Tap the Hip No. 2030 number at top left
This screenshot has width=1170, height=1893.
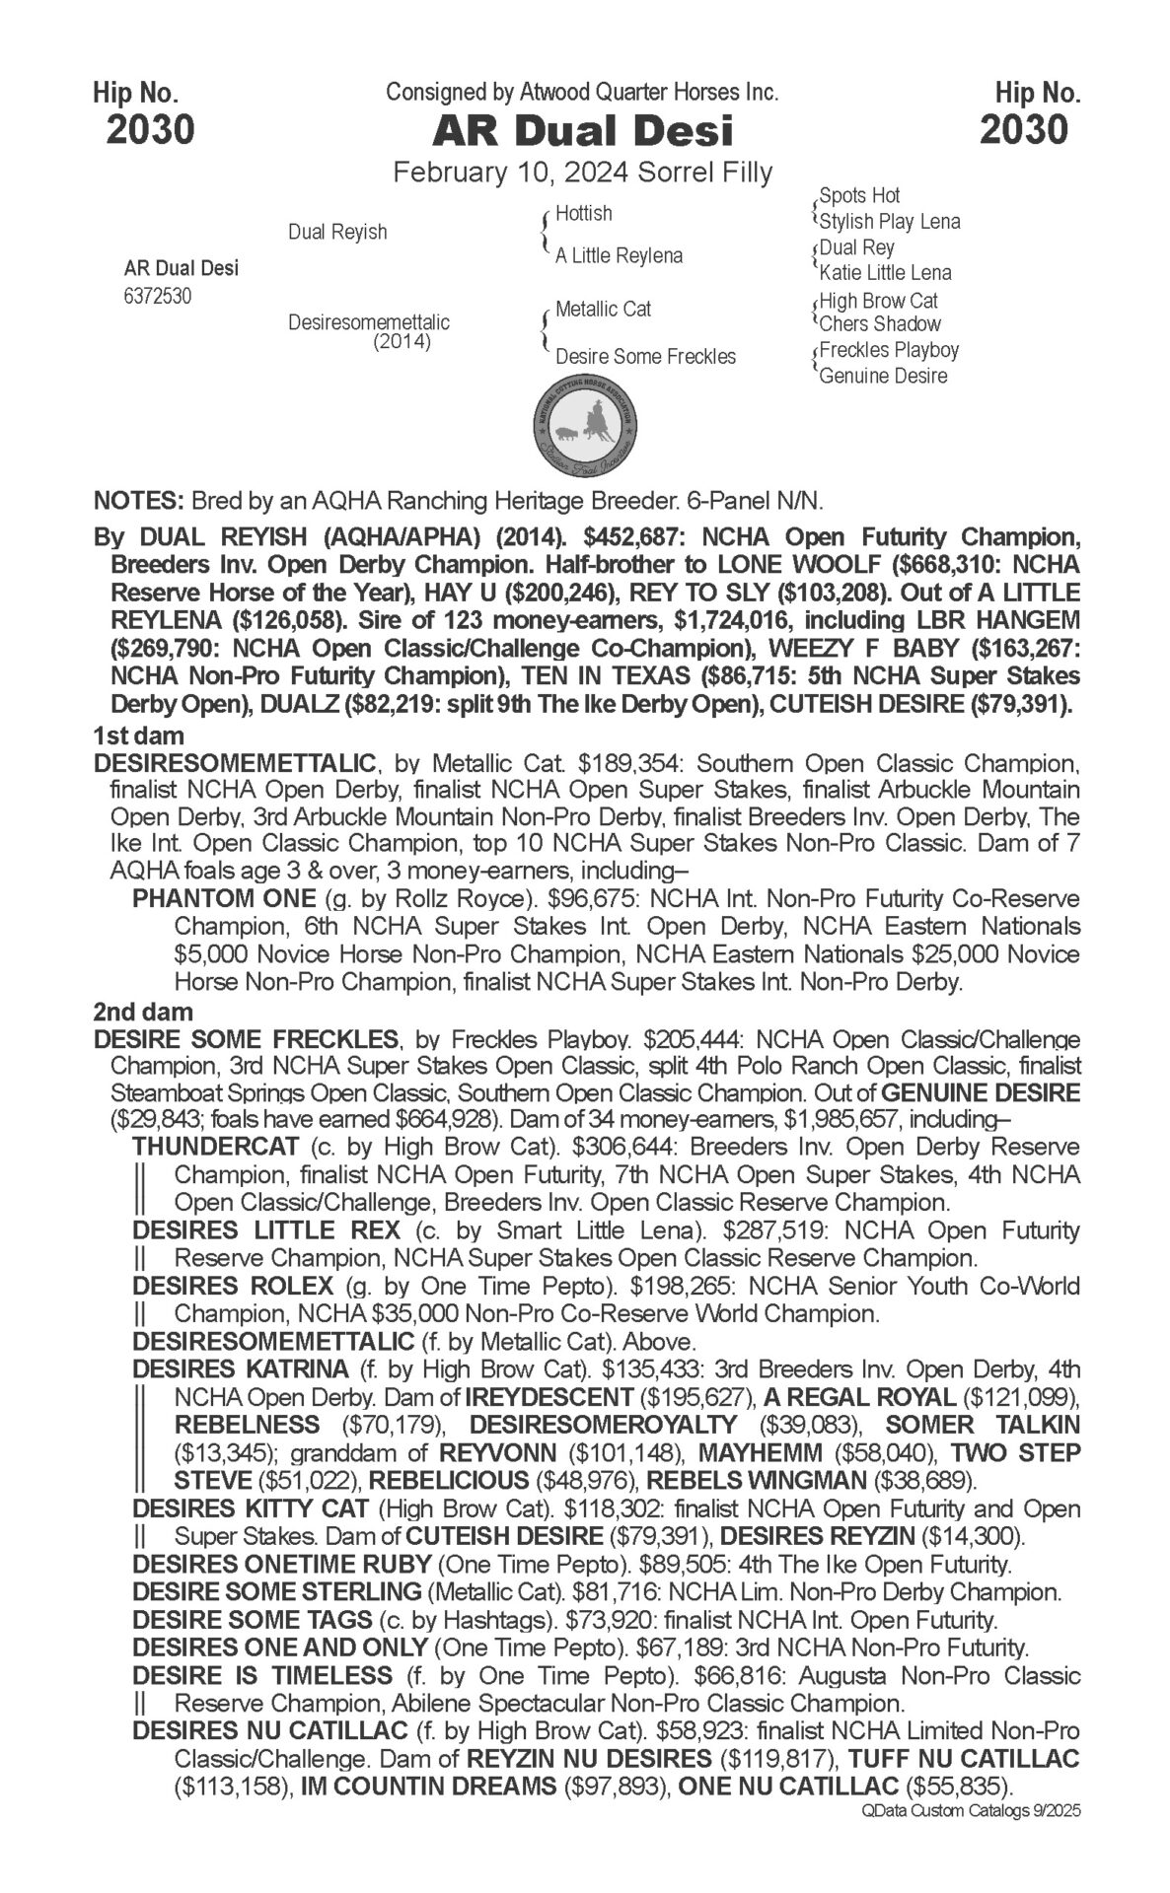(150, 129)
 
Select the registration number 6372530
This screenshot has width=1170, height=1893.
(158, 297)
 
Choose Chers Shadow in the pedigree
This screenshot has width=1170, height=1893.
(880, 323)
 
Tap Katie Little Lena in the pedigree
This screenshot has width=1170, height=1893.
(885, 272)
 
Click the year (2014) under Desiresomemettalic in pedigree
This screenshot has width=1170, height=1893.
(402, 342)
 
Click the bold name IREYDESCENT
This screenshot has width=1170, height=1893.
(548, 1397)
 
